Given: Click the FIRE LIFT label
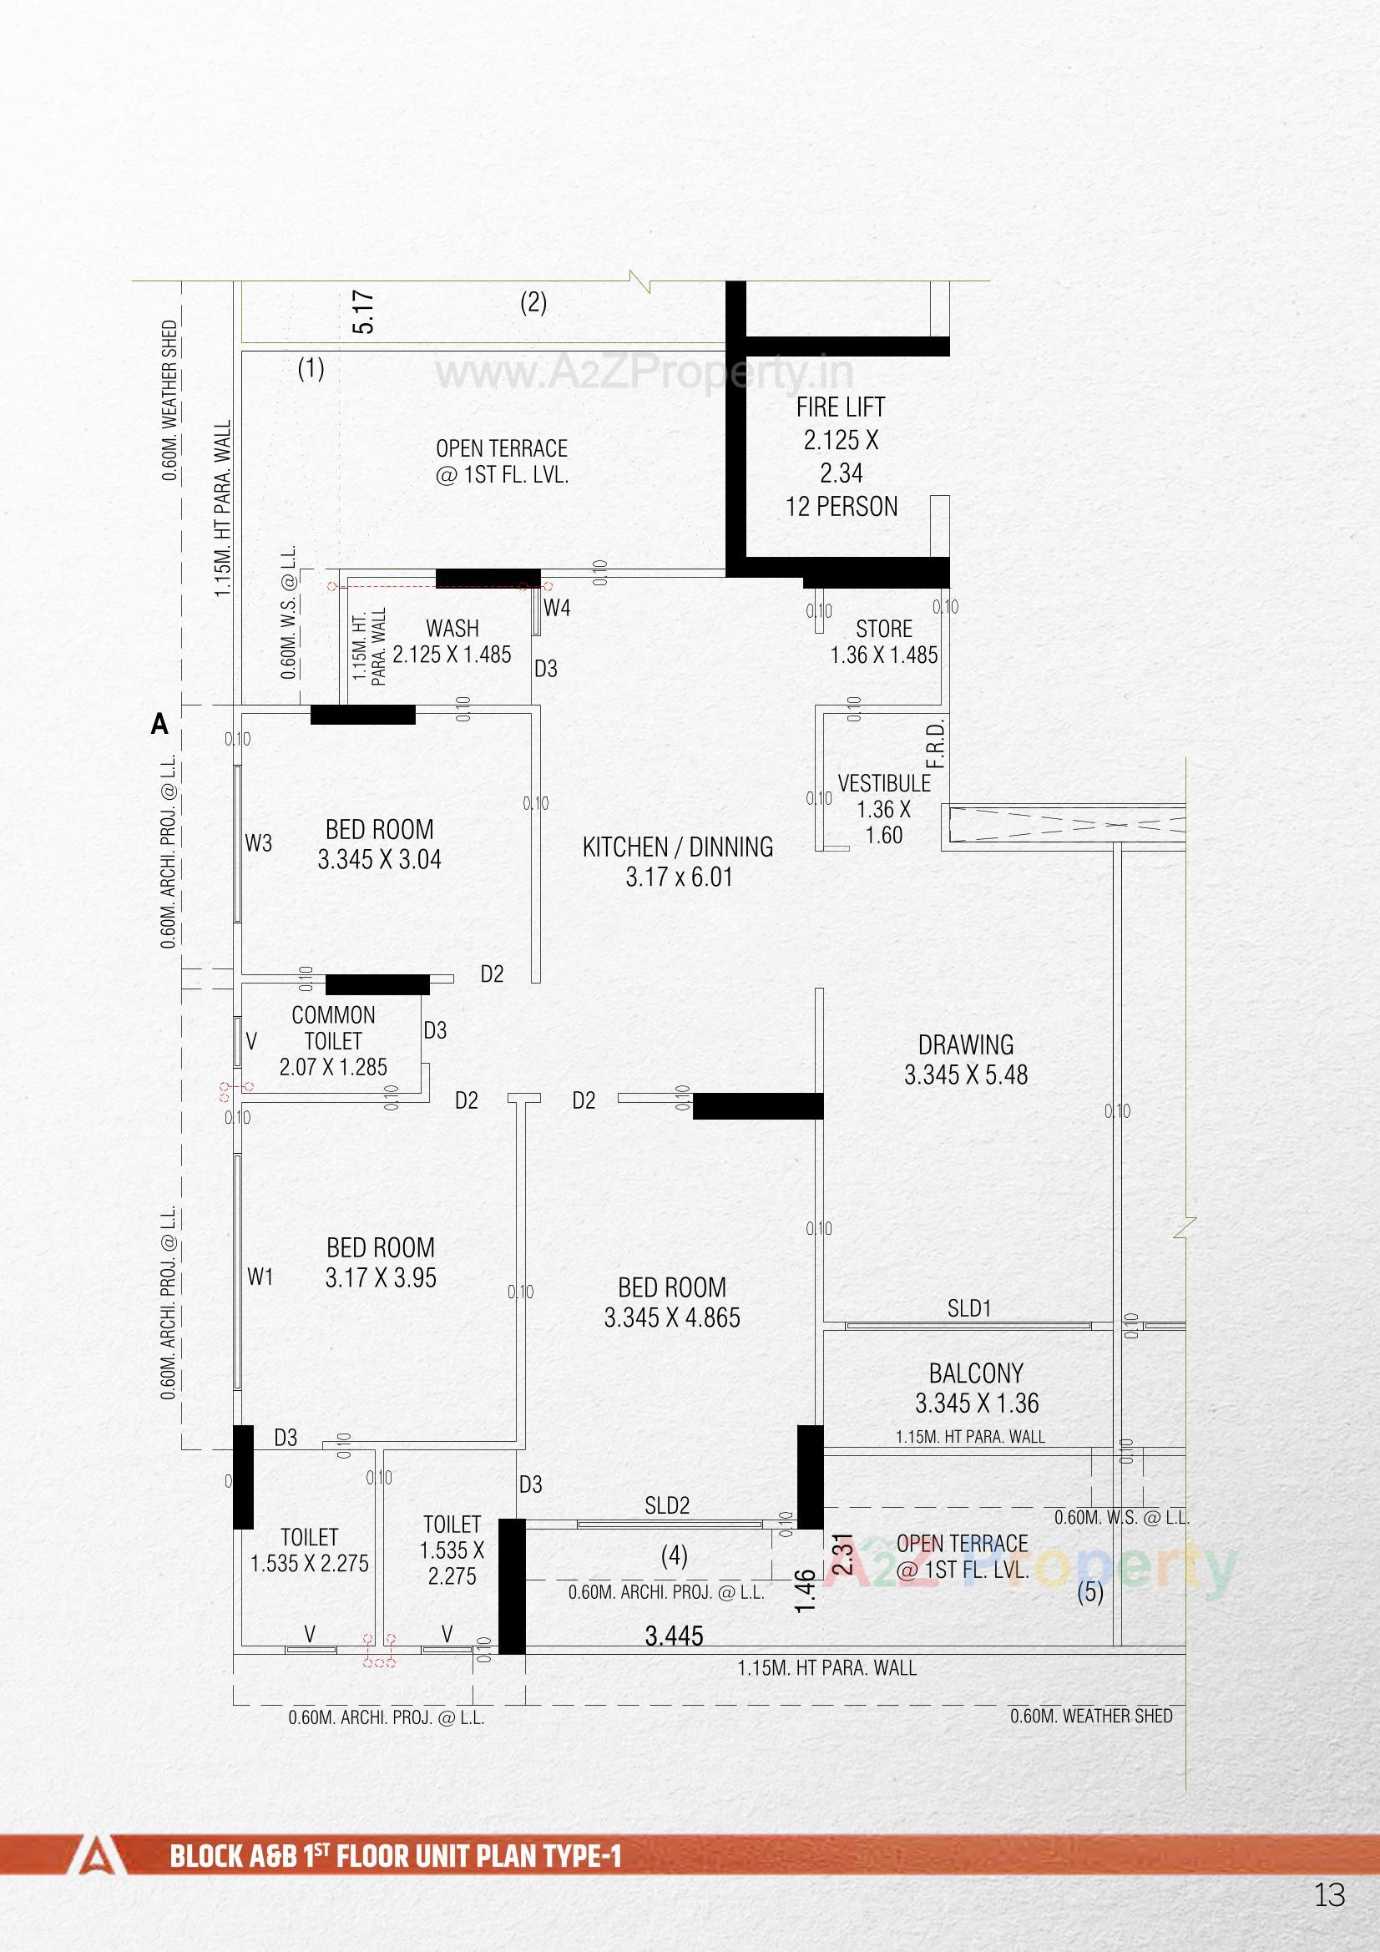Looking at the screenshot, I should [840, 408].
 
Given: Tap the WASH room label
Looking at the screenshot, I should [452, 629].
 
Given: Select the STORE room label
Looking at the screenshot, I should [883, 630].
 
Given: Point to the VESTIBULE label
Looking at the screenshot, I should [884, 783].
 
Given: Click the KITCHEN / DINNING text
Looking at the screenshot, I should [678, 847].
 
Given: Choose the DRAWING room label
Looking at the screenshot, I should [965, 1044].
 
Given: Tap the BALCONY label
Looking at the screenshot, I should [975, 1374].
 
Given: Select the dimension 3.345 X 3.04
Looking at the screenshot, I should [379, 859].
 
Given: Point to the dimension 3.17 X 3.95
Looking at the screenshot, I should [380, 1277].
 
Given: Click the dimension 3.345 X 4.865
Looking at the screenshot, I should [672, 1317].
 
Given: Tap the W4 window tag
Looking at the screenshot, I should [557, 608].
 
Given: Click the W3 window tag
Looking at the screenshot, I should [259, 843].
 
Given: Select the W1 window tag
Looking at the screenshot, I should [260, 1276].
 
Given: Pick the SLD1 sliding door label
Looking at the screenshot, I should [969, 1308].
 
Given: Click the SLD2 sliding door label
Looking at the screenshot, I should [666, 1505].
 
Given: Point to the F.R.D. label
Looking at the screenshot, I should [935, 745].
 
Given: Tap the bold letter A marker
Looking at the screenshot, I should [159, 725].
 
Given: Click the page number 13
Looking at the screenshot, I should [1329, 1895].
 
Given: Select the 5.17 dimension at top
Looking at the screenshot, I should [363, 312].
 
